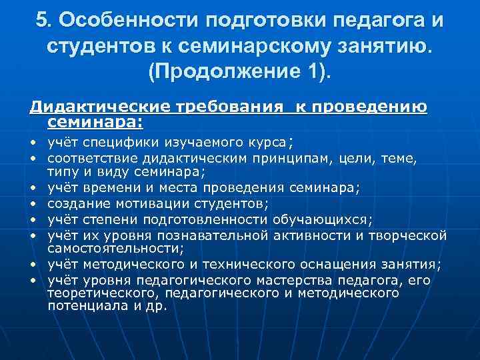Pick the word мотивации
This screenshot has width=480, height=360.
139,203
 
